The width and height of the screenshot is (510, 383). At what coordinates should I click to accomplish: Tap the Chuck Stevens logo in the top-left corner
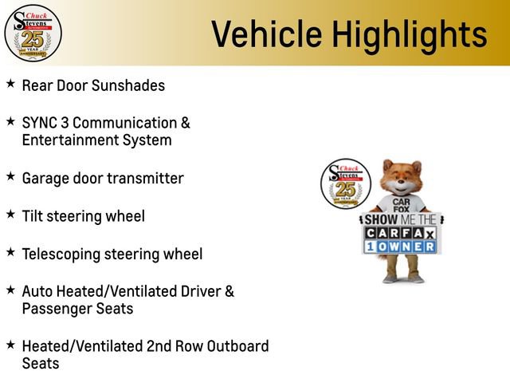click(x=32, y=33)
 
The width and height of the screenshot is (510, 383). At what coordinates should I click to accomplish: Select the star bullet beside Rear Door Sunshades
click(x=10, y=83)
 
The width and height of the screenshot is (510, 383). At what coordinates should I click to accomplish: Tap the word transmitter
click(x=143, y=178)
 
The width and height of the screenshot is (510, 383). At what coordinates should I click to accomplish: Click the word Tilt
click(x=34, y=215)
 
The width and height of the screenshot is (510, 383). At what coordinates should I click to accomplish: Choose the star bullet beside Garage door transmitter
click(x=10, y=176)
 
